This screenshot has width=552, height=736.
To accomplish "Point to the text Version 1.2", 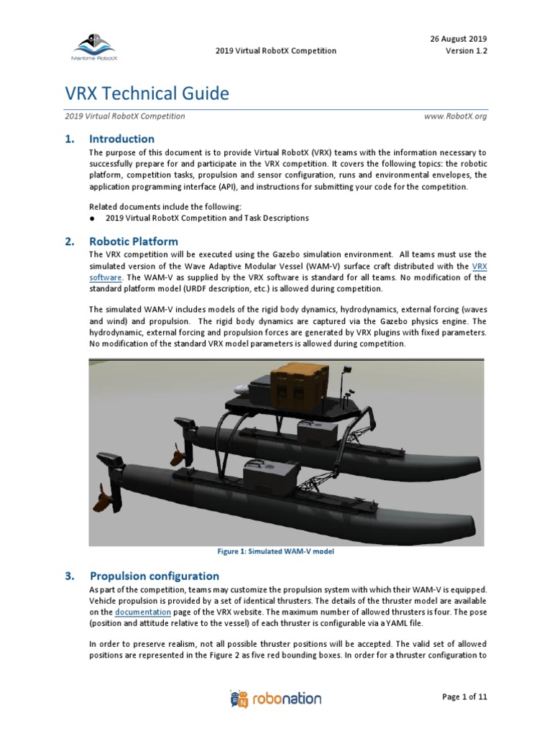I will pos(466,51).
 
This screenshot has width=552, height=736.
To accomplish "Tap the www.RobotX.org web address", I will pos(456,116).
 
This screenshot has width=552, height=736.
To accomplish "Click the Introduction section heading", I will pos(121,139).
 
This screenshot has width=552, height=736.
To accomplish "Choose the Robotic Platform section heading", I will pos(133,241).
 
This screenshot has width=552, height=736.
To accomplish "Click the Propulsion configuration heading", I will pos(154,576).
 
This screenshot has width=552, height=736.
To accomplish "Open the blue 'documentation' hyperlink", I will pos(142,612).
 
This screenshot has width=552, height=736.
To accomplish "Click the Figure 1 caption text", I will pos(276,552).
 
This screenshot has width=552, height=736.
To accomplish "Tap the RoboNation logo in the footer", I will pos(275,699).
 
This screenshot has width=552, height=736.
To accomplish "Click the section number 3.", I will pos(70,576).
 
